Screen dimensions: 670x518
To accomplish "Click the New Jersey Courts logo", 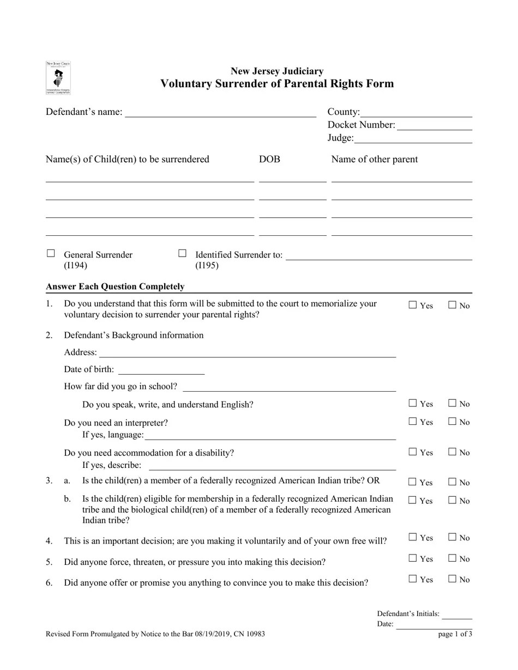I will point(58,78).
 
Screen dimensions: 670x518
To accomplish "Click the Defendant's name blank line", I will point(220,113).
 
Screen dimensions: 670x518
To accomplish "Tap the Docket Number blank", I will point(434,126).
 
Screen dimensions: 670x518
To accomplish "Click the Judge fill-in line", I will point(413,139).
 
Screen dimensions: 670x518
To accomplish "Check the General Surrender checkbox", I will point(51,253).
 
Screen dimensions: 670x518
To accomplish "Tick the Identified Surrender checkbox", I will point(183,253).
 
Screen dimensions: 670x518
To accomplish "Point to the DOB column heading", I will point(269,160).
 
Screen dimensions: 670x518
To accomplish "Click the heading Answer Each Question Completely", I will point(115,287).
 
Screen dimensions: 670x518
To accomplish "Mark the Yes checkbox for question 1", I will point(413,305).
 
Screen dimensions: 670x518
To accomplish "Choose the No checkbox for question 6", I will point(452,579).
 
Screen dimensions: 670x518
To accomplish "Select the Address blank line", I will point(247,354).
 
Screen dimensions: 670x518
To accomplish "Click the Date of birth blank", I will point(161,371).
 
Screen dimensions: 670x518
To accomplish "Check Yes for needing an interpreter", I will point(413,421).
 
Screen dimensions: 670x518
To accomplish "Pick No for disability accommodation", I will point(452,452).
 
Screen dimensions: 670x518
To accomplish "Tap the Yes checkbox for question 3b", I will point(413,500).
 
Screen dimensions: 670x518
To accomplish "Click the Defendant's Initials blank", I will point(457,616).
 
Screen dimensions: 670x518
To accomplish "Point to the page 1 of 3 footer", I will point(455,634).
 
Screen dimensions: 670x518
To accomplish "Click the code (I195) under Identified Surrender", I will point(207,266).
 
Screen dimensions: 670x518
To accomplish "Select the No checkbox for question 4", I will point(452,537).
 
